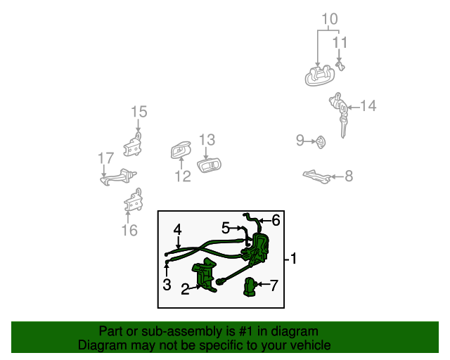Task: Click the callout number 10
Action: (330, 19)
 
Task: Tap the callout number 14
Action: (368, 107)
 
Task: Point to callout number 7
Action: (274, 285)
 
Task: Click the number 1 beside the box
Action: (293, 259)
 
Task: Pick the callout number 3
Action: (167, 284)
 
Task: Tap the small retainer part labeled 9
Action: (319, 142)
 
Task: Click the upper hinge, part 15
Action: (134, 146)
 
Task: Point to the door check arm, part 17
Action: (118, 178)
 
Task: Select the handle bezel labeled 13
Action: (210, 166)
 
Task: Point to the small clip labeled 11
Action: (340, 65)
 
